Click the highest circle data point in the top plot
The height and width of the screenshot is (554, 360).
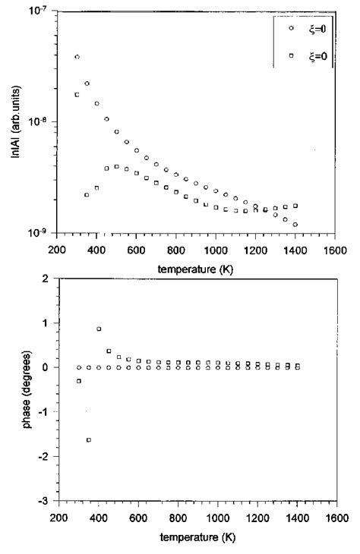point(77,57)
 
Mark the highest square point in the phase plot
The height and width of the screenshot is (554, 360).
point(99,329)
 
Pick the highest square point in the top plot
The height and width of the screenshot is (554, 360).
point(77,94)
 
